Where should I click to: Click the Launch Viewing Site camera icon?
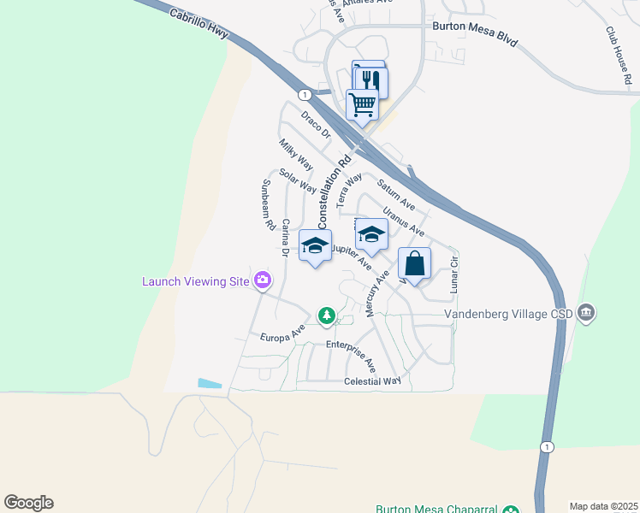263,280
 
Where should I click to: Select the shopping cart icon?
362,105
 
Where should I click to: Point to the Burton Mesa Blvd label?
475,34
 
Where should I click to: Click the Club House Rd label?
619,55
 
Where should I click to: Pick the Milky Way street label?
296,154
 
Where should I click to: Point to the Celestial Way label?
372,381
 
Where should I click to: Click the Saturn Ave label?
396,195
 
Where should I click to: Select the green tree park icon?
326,315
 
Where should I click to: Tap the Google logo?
28,503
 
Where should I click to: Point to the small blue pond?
210,384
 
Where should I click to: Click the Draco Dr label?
315,124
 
